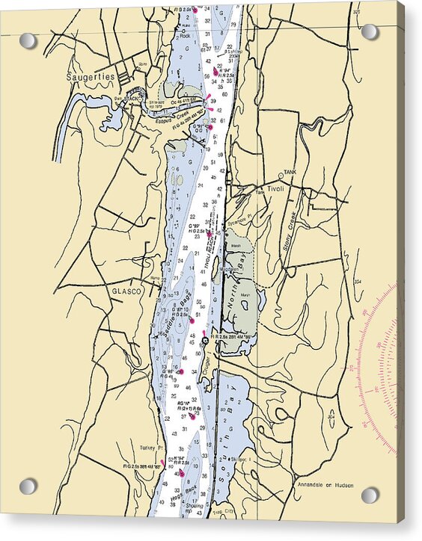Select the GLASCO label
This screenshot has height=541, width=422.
point(126,291)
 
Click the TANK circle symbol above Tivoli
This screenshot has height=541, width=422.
point(281,176)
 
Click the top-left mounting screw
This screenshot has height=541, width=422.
point(28,40)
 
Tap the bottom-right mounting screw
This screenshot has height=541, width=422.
point(370,495)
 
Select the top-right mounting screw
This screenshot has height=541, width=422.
point(370,31)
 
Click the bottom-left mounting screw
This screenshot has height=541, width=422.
point(28,486)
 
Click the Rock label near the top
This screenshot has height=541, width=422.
point(185,35)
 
